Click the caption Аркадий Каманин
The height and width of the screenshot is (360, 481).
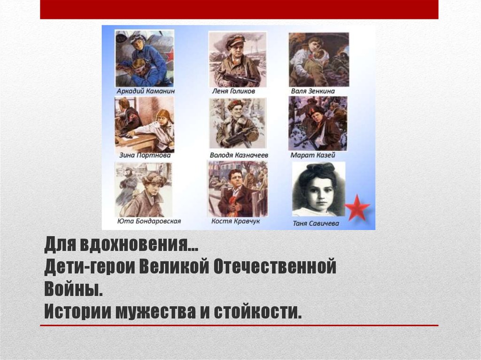(x=144, y=91)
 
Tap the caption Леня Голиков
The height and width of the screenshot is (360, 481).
(x=237, y=91)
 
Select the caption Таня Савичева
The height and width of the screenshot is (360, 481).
(x=318, y=224)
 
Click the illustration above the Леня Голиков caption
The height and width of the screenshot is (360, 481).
(x=237, y=59)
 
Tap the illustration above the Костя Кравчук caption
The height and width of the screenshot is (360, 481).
(x=238, y=189)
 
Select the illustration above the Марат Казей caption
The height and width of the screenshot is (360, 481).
(x=318, y=123)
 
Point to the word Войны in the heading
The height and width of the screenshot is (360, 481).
(x=73, y=289)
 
